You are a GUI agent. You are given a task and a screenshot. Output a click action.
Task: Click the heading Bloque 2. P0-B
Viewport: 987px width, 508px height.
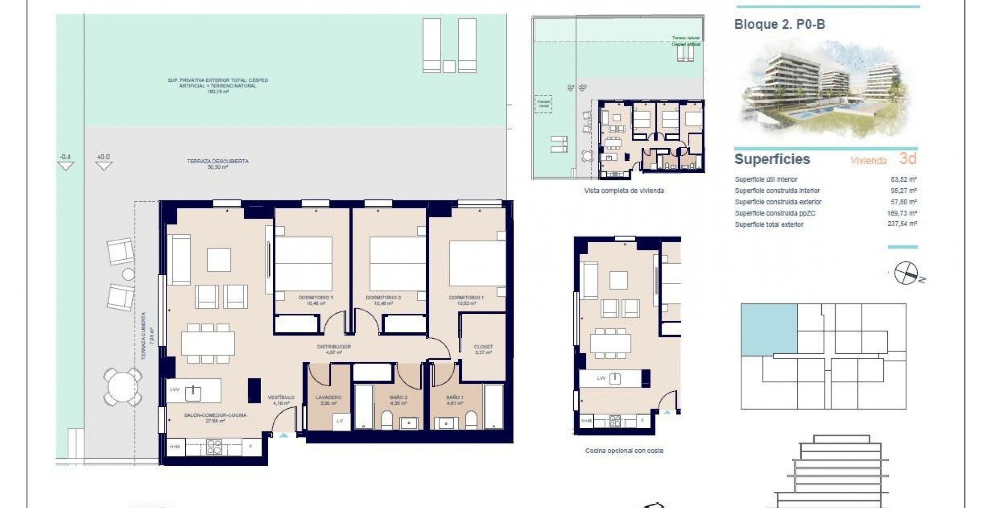coord(779,24)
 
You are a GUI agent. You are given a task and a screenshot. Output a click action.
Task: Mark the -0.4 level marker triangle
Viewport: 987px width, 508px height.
coord(66,165)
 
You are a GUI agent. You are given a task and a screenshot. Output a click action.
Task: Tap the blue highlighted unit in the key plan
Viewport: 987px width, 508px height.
coord(769,329)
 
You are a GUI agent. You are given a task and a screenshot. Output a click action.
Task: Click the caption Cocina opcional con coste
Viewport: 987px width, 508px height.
coord(624,451)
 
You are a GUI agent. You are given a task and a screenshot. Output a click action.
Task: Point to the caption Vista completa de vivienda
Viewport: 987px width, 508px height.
coord(624,191)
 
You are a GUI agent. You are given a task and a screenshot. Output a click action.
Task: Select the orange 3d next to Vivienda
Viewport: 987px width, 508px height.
coord(908,159)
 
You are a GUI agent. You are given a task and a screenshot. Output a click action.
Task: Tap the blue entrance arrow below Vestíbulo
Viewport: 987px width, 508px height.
coord(284,435)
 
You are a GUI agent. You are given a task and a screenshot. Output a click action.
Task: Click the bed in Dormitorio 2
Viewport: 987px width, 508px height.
coord(397,263)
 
